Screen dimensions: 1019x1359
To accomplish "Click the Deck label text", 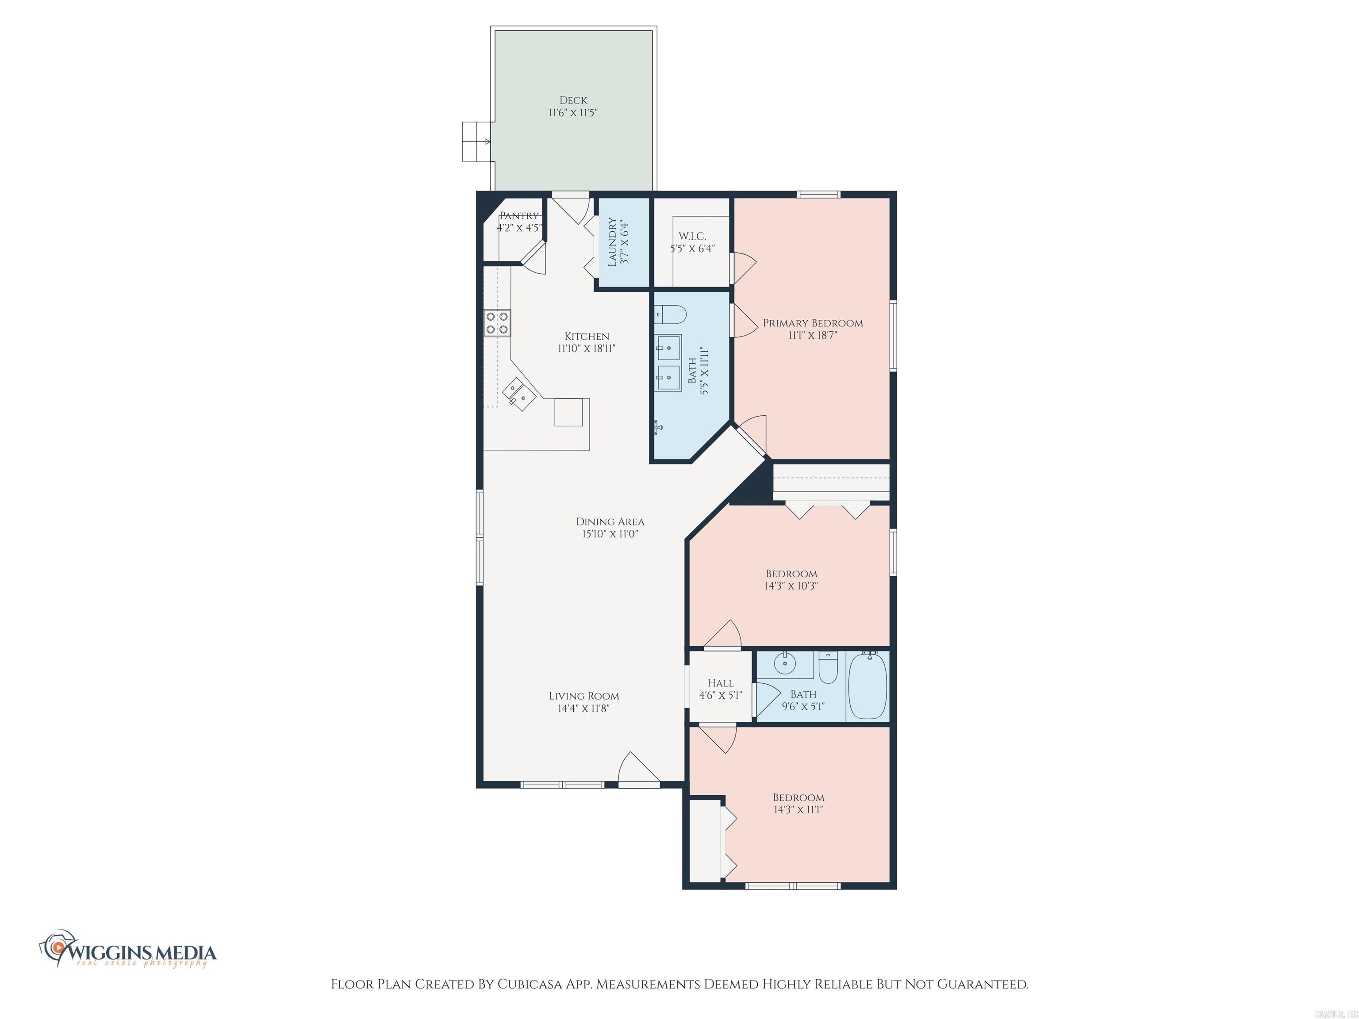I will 572,100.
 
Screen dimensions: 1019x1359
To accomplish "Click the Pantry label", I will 519,215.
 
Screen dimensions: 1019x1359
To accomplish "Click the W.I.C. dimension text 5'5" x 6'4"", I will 692,249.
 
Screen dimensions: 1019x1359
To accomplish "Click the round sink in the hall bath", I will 784,664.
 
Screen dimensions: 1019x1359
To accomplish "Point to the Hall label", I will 720,683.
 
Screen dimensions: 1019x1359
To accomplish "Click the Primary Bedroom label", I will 812,323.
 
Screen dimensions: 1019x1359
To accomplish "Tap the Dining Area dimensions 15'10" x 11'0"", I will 610,534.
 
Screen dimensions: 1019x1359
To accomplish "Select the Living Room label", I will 584,696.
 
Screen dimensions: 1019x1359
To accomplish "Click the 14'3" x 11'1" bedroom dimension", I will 798,809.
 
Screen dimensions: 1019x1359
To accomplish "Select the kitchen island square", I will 568,412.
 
